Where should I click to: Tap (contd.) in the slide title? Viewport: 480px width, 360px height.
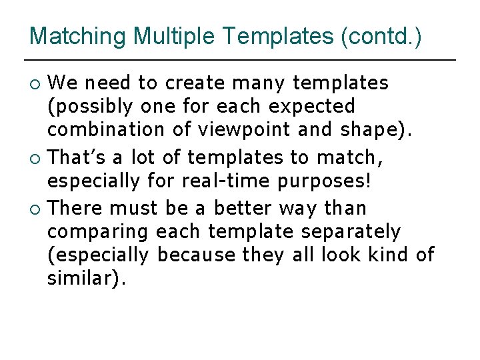(x=381, y=36)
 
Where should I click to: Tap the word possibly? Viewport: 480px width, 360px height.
(x=91, y=107)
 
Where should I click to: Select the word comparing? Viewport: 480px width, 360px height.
(x=98, y=233)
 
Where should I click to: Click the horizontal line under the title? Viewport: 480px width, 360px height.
(x=240, y=61)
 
